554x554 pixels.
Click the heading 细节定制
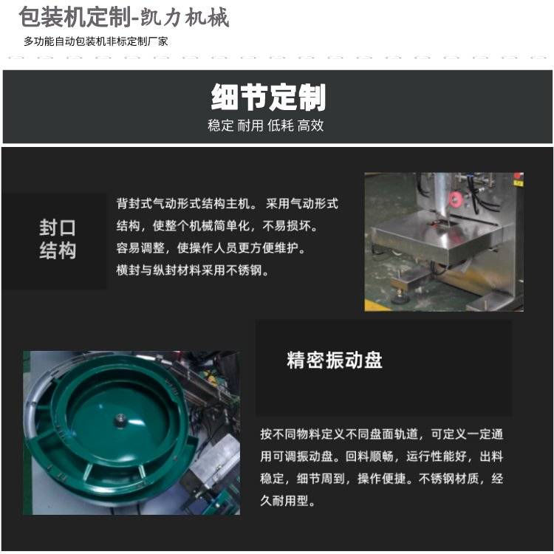[268, 98]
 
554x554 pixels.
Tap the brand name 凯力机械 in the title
[185, 17]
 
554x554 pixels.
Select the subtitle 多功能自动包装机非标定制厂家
[96, 41]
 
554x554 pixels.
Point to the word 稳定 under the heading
[220, 126]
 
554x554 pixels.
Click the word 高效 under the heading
[310, 126]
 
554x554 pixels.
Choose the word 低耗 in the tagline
[281, 126]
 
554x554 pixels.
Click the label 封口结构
[58, 239]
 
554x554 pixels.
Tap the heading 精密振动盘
[335, 360]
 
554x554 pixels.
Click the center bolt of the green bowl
[120, 420]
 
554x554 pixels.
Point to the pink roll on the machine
[456, 199]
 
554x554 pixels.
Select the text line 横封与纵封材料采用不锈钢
[193, 270]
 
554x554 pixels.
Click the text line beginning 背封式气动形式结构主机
[228, 204]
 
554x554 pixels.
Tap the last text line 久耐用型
[287, 501]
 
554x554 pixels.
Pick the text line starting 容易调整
[211, 248]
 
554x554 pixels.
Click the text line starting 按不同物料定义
[382, 434]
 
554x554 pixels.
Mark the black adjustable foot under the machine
[400, 298]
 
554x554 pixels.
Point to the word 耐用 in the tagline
[250, 126]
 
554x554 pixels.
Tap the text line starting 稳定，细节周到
[382, 479]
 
